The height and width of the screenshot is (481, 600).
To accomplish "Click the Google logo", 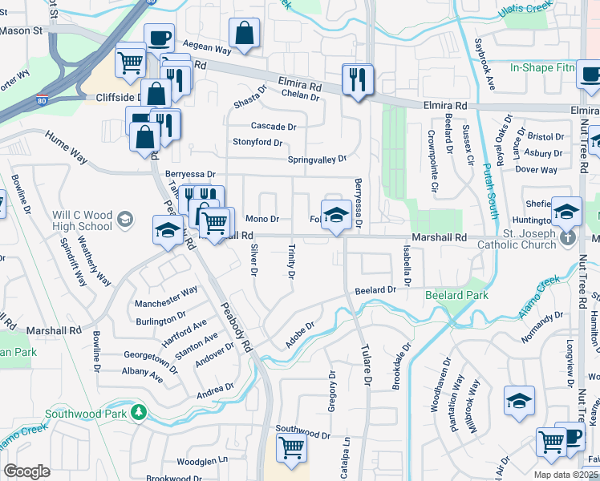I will (x=26, y=471).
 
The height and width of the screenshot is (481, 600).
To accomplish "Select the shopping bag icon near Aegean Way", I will (x=245, y=34).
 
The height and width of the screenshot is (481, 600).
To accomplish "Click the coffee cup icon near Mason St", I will (x=159, y=38).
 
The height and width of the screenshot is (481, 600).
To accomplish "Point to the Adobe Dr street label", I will (x=298, y=336).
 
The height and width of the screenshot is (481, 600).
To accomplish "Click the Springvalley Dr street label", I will (x=318, y=159).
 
